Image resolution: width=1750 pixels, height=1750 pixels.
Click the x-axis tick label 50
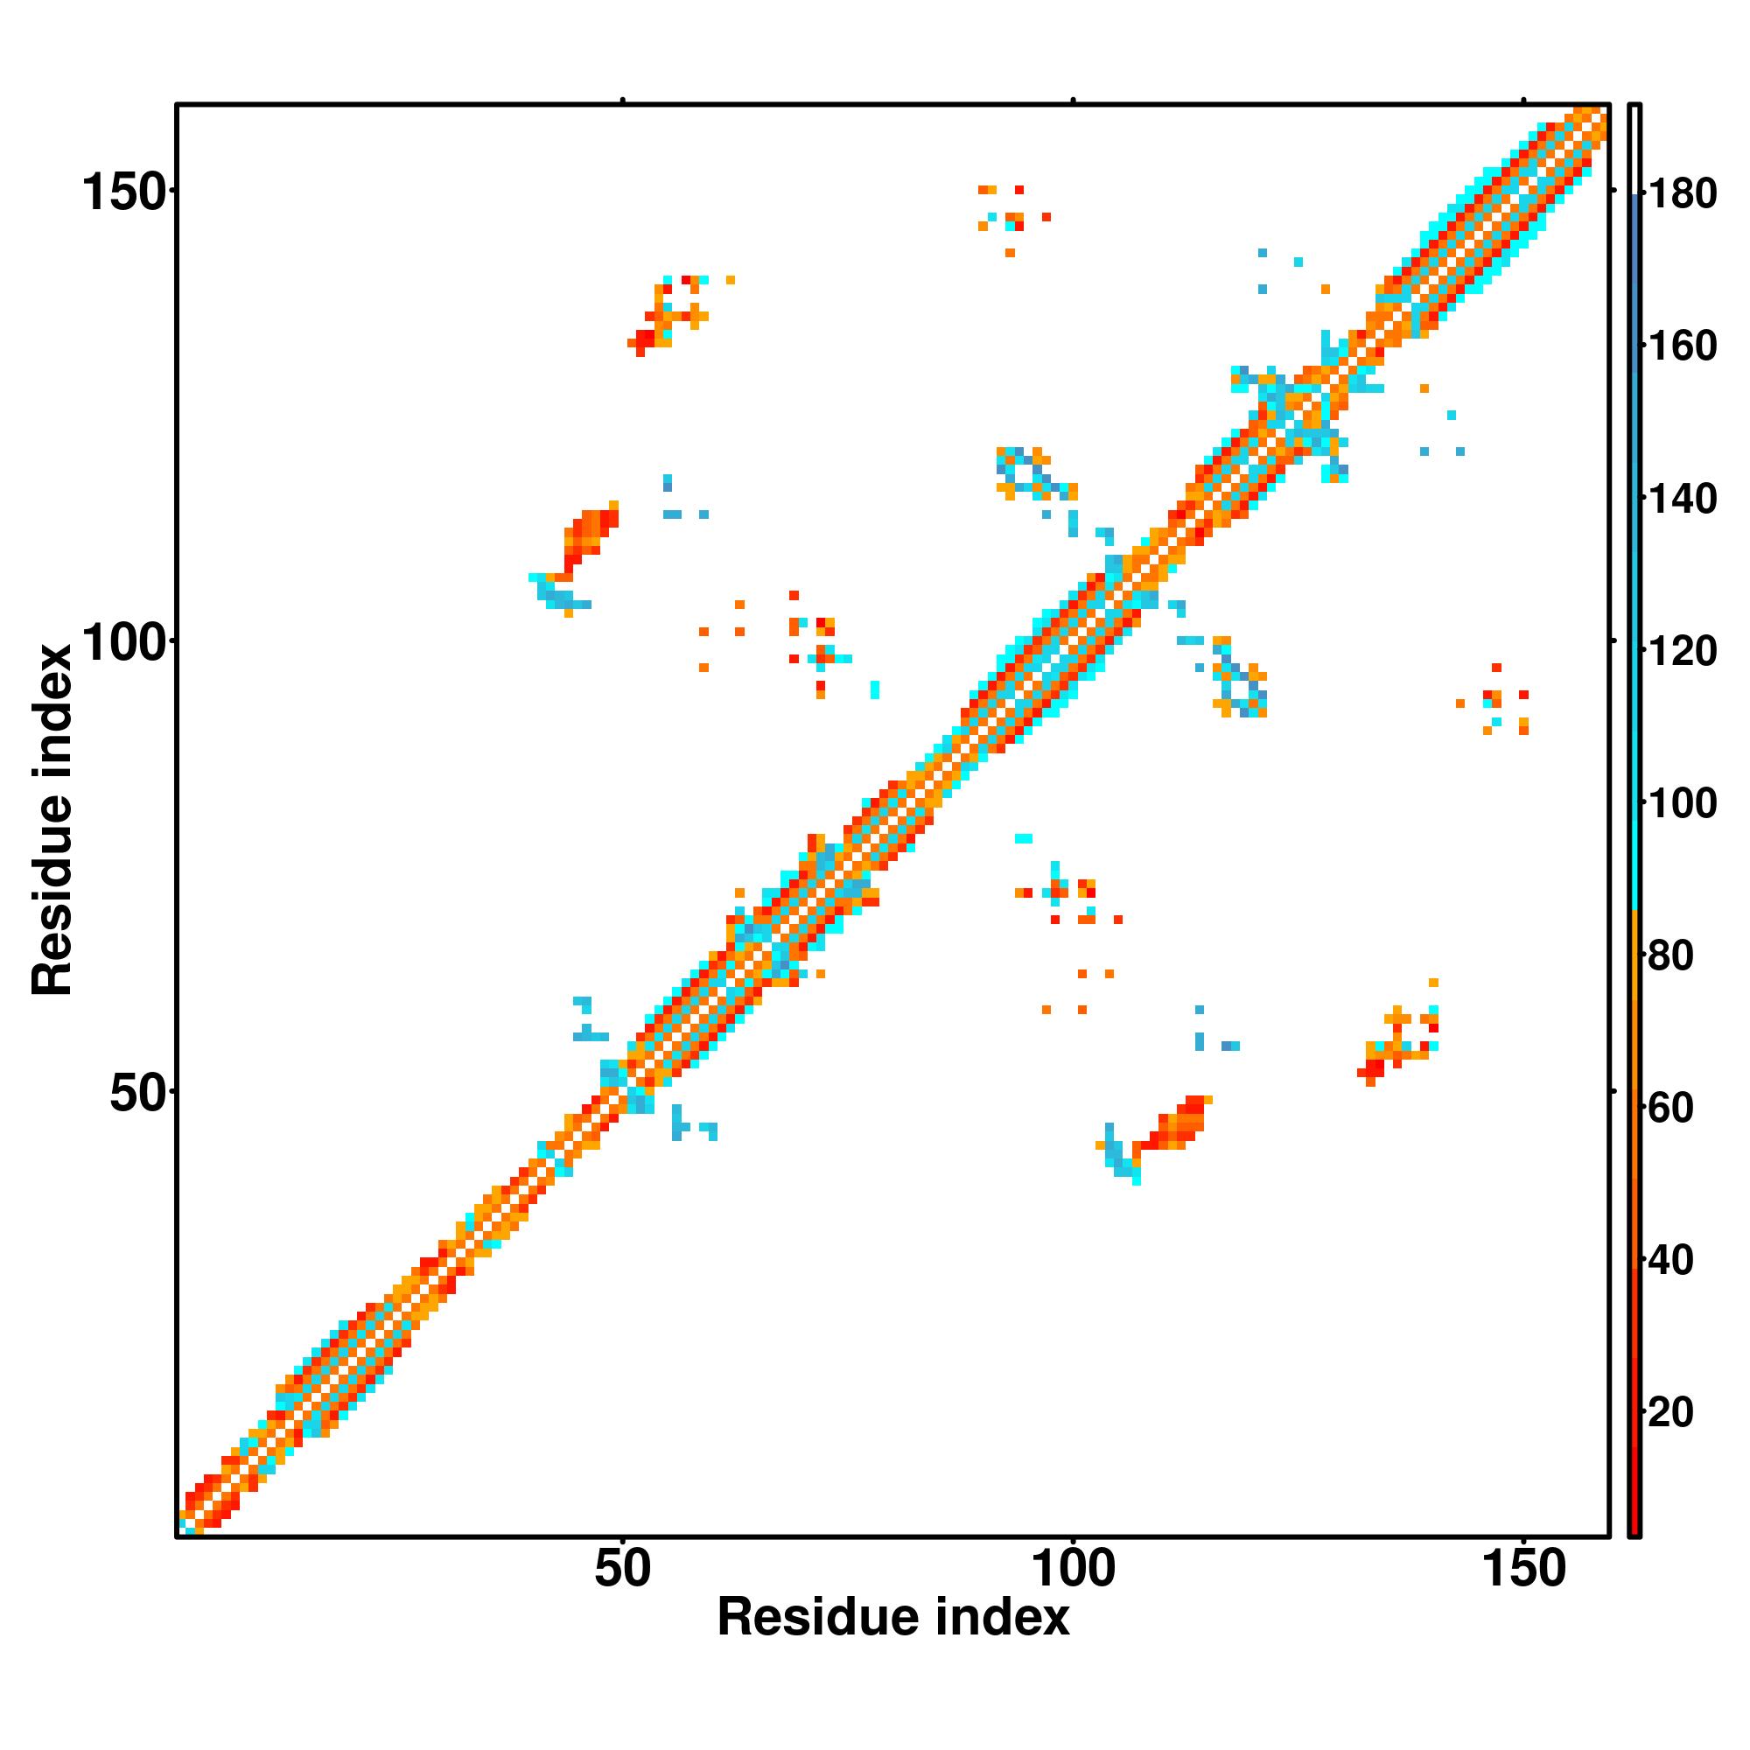click(x=622, y=1569)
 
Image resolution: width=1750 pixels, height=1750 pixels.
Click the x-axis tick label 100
click(x=1073, y=1569)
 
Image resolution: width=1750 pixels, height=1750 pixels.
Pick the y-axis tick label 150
click(x=126, y=192)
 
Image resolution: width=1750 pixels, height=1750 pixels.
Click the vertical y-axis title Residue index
click(x=52, y=820)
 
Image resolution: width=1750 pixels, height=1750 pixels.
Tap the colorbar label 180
click(x=1683, y=194)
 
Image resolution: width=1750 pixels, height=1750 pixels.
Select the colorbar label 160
click(x=1683, y=346)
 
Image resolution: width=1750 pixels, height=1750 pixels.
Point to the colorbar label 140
click(x=1683, y=498)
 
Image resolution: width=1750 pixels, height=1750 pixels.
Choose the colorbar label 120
click(x=1683, y=650)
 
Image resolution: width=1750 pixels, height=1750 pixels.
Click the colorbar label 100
click(x=1683, y=802)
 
